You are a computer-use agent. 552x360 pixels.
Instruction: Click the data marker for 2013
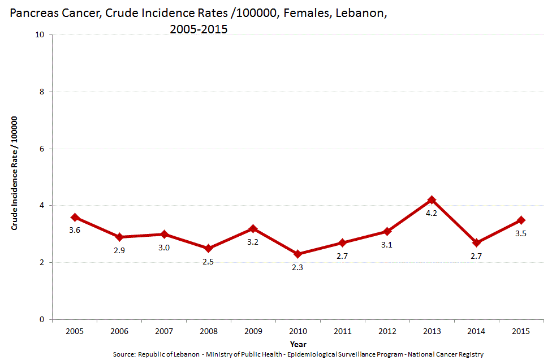[x=432, y=200]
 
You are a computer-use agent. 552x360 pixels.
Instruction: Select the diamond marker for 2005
[x=75, y=217]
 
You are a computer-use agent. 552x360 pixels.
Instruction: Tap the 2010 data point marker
[x=297, y=254]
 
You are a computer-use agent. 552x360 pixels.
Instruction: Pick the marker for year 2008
[x=208, y=249]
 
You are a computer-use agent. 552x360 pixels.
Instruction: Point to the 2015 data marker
[x=521, y=220]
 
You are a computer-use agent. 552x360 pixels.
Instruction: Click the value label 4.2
[x=432, y=214]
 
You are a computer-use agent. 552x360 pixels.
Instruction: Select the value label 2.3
[x=297, y=268]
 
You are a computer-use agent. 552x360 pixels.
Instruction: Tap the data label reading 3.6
[x=75, y=231]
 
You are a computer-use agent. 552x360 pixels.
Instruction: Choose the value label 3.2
[x=253, y=242]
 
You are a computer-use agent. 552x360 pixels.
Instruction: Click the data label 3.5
[x=521, y=233]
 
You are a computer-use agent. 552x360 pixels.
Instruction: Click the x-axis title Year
[x=298, y=344]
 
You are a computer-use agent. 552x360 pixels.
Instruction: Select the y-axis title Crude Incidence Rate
[x=15, y=173]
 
